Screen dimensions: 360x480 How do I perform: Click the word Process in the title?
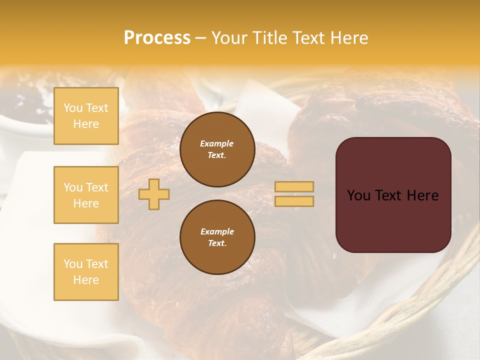click(157, 38)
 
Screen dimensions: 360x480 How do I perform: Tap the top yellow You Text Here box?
click(86, 116)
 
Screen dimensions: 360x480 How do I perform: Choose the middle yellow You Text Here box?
click(86, 195)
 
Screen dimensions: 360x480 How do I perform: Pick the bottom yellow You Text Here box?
click(86, 272)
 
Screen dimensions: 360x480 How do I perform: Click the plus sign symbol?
click(154, 194)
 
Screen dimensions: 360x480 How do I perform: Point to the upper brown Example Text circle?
click(217, 149)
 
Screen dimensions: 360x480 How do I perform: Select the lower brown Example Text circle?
click(217, 237)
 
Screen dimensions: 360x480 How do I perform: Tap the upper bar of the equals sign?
click(294, 186)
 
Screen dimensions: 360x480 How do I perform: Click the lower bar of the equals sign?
click(294, 201)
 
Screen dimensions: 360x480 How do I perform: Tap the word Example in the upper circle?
click(217, 143)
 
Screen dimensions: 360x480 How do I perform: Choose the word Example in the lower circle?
click(217, 231)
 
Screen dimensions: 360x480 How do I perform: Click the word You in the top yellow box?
click(73, 108)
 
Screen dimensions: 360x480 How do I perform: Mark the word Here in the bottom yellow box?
click(86, 280)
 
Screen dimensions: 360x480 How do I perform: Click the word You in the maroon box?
click(358, 195)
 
